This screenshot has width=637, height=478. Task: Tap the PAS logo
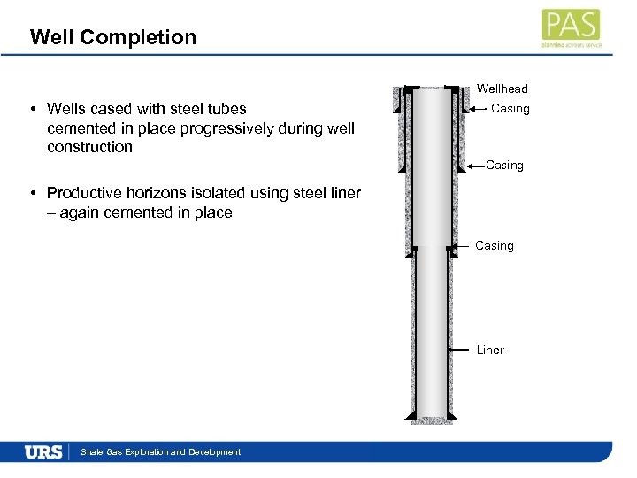point(571,27)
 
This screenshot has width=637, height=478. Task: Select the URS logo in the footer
point(43,452)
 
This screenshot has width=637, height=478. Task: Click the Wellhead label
point(502,89)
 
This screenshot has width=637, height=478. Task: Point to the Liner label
point(490,351)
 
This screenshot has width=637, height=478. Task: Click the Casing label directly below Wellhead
point(510,109)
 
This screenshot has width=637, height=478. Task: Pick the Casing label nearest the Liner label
point(494,246)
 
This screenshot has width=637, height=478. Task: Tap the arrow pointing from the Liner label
point(460,351)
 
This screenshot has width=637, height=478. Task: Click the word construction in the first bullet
point(89,147)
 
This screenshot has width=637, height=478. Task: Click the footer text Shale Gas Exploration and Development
point(160,452)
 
